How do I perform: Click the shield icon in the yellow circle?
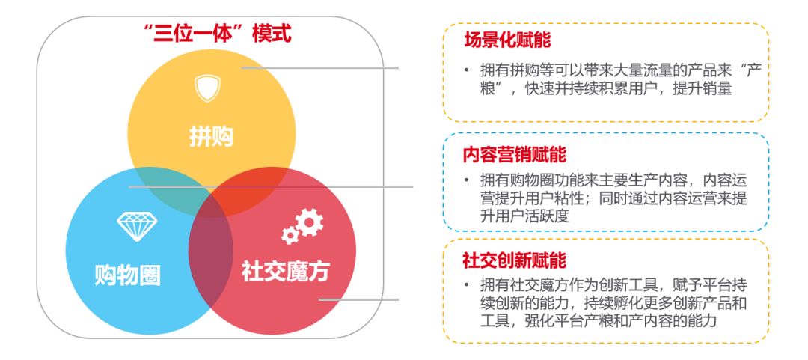203,88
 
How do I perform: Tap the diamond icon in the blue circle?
136,225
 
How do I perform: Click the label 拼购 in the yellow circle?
211,137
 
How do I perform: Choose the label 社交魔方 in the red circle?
285,271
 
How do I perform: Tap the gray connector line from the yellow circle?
322,67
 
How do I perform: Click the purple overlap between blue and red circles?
209,254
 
